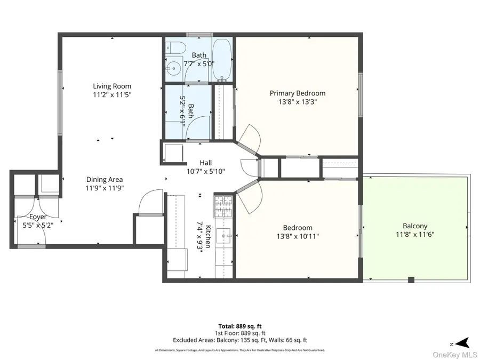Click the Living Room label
(112, 86)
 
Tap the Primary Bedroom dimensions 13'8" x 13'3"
(297, 101)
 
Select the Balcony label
(415, 226)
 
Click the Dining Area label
(105, 180)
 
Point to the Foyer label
(38, 217)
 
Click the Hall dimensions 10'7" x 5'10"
(205, 171)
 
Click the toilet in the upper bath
(175, 49)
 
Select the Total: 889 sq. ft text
(239, 326)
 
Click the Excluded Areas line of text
(239, 340)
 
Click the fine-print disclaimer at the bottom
(239, 350)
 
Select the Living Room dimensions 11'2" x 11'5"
(112, 94)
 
